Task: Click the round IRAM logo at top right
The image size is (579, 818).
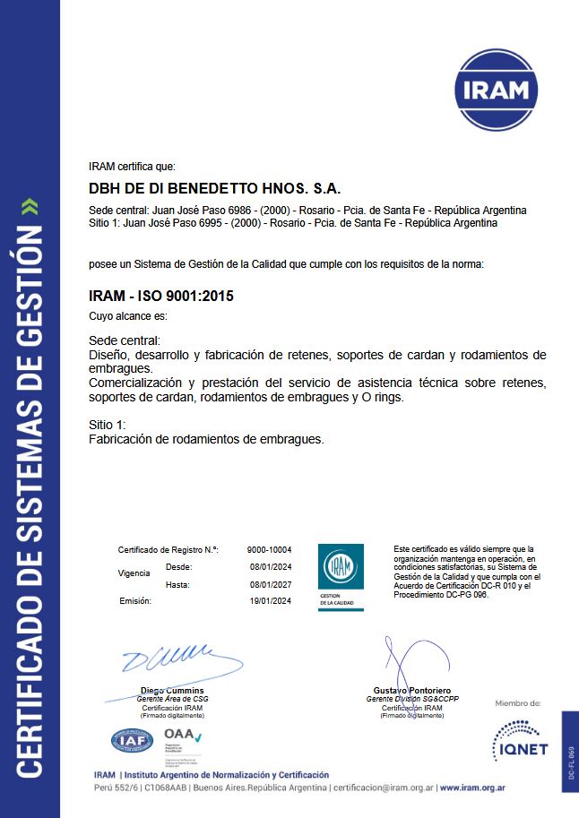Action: pyautogui.click(x=498, y=90)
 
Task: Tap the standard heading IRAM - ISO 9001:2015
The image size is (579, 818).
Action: pyautogui.click(x=161, y=296)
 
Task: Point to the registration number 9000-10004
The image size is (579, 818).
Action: pyautogui.click(x=269, y=549)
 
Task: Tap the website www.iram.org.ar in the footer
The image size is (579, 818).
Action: pyautogui.click(x=475, y=788)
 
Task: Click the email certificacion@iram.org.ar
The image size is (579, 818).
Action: pyautogui.click(x=383, y=788)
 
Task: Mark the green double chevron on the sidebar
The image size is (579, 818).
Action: pyautogui.click(x=30, y=207)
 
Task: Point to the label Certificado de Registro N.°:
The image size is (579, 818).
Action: pyautogui.click(x=169, y=549)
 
